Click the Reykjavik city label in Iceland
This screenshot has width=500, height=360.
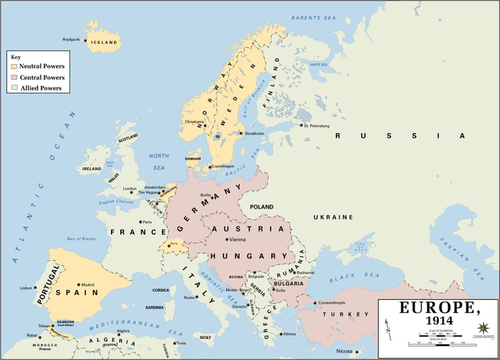71,39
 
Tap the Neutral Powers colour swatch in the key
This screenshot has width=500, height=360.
13,66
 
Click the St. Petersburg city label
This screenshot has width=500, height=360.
316,125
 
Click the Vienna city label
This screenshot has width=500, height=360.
235,239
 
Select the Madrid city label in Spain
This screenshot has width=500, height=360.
87,284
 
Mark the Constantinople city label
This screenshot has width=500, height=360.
331,302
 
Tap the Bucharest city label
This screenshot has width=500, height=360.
305,273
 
